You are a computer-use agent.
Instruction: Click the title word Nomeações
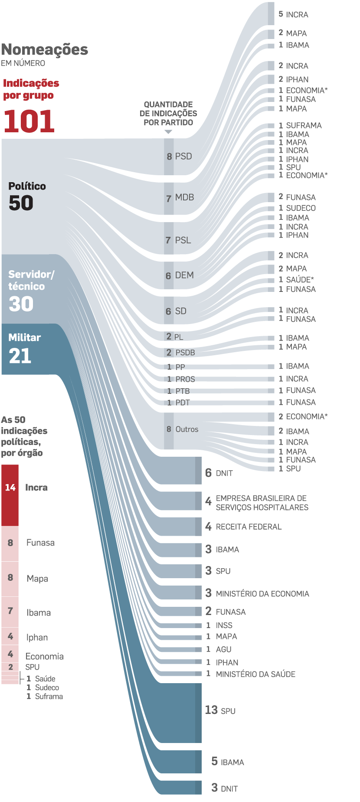tap(45, 50)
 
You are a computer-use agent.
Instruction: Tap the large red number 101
tap(29, 121)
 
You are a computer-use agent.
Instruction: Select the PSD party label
tap(183, 157)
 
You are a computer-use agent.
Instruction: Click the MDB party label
tap(184, 198)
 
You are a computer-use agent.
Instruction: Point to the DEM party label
tap(184, 275)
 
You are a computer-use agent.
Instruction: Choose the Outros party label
tap(187, 429)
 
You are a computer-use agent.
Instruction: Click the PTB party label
tap(183, 391)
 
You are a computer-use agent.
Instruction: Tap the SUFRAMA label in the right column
tap(304, 125)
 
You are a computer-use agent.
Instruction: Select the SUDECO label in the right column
tap(301, 208)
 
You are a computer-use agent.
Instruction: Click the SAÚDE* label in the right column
tap(300, 280)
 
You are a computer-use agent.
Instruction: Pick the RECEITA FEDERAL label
tap(249, 527)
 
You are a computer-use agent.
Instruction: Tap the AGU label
tap(223, 649)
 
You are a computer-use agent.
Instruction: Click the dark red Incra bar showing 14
tap(10, 495)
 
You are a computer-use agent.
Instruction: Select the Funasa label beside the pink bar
tap(40, 543)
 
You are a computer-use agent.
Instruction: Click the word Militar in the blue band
tap(24, 337)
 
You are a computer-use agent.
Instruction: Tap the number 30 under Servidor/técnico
tap(21, 304)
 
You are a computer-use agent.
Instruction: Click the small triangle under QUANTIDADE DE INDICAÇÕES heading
tap(168, 132)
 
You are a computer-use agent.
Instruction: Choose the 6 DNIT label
tap(219, 473)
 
